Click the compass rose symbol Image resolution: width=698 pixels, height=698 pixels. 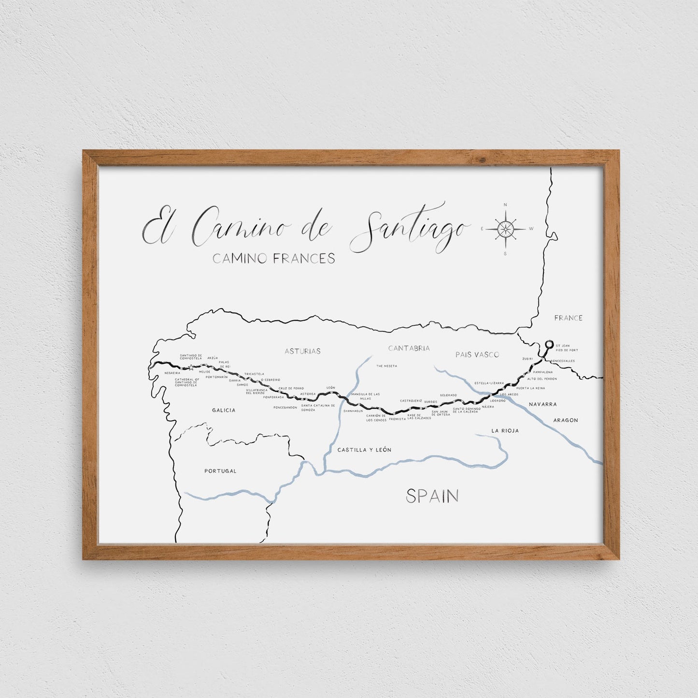pos(505,228)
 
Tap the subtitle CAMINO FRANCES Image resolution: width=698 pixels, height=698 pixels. pos(274,259)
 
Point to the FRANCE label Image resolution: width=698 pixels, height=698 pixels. pos(568,318)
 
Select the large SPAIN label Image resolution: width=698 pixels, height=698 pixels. pos(432,496)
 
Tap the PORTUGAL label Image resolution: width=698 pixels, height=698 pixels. pos(220,471)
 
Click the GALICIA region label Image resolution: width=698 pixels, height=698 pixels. pos(224,410)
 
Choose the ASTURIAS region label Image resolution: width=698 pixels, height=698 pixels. pos(302,351)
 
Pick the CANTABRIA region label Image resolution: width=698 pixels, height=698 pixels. pos(409,348)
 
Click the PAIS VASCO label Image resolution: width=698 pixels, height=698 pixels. pos(477,355)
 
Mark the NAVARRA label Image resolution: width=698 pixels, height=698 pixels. pos(542,404)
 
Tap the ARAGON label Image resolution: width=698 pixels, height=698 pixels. pos(566,420)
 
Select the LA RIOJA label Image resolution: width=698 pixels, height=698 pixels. pos(505,430)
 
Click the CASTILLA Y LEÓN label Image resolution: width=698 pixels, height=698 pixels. pos(364,450)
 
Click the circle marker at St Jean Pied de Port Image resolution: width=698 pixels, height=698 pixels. pos(548,344)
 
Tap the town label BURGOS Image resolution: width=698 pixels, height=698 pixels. pos(431,402)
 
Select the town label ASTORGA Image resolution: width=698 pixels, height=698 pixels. pos(308,394)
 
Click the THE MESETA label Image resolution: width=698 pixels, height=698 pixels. pos(386,366)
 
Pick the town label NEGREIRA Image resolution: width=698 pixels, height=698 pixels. pos(172,373)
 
